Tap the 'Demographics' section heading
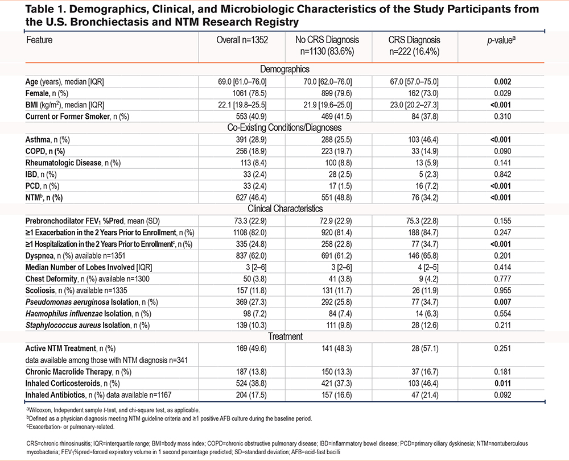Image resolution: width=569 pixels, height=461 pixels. coord(284,69)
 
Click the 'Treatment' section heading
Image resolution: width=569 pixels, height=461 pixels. coord(284,337)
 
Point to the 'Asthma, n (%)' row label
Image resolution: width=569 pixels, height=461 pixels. coord(51,139)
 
